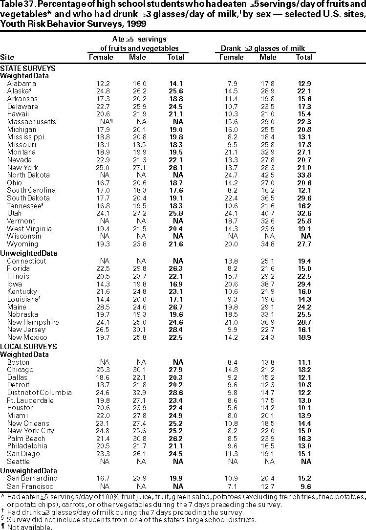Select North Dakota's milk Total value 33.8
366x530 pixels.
304,175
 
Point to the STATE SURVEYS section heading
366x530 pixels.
27,68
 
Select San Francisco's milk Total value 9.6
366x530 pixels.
306,486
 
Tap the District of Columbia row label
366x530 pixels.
39,393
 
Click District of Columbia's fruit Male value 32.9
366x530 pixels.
137,393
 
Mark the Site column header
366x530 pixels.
7,57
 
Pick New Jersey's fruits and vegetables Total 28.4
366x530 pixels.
176,330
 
